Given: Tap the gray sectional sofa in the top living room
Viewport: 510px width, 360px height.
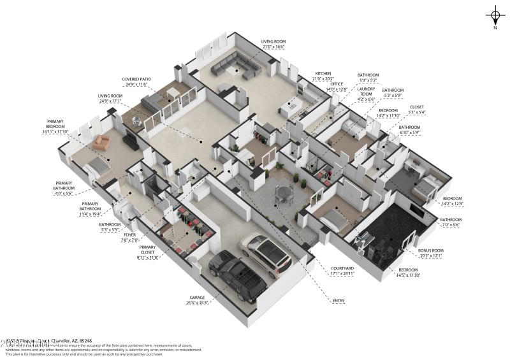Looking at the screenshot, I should (235, 63).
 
